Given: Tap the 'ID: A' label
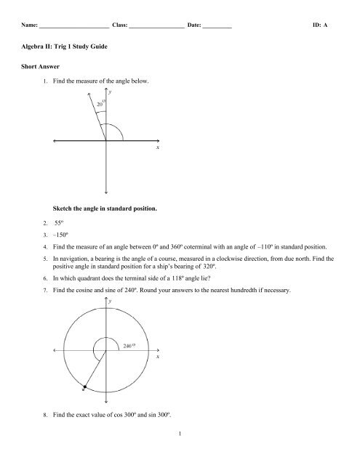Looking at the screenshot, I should [x=320, y=25].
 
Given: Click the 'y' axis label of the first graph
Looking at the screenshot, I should [x=109, y=93].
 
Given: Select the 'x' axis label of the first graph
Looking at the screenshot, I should [x=157, y=147].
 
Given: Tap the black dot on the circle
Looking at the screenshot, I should [x=85, y=389].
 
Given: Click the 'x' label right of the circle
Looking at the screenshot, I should [x=157, y=358].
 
